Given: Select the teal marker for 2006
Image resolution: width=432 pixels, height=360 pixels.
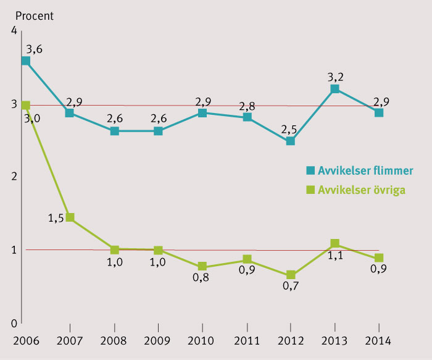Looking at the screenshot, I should [26, 61].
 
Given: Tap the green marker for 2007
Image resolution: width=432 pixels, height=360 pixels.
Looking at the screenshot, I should [70, 217].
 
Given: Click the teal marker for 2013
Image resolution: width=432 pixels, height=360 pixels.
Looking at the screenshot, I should [334, 89].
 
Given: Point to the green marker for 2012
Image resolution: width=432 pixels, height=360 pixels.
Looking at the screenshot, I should [291, 275].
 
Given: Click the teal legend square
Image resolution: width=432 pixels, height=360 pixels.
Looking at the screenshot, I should [310, 170].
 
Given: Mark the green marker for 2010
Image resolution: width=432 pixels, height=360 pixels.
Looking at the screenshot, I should [202, 267].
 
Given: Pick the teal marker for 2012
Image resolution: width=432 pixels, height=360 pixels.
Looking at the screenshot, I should [291, 141].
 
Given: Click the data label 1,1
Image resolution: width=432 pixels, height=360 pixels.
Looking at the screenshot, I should [335, 256].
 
